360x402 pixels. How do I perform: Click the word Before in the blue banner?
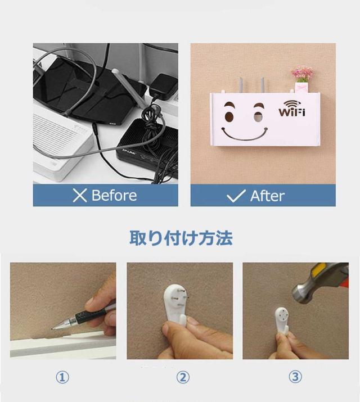point(114,196)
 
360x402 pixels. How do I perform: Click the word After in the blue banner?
point(267,196)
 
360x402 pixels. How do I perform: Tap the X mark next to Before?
point(80,196)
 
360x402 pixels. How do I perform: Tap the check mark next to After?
point(236,196)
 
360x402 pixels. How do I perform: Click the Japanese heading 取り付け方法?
point(181,238)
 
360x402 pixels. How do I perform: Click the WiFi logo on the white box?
point(292,109)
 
